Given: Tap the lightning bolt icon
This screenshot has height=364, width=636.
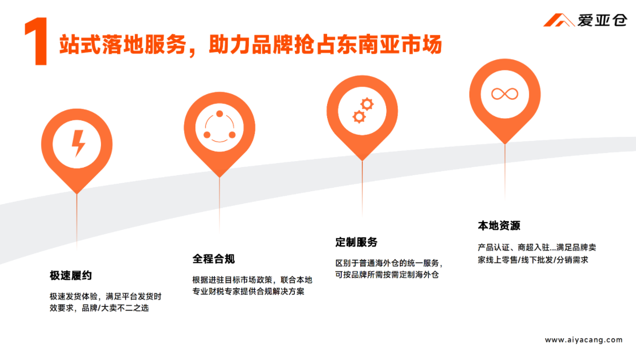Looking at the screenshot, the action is (77, 143).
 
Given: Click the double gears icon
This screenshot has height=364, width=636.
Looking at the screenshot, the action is (362, 111).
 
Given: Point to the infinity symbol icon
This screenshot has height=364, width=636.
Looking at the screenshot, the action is (505, 94).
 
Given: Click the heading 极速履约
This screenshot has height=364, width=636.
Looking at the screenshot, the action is (71, 276).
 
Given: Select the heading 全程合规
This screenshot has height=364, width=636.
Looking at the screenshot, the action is (214, 259).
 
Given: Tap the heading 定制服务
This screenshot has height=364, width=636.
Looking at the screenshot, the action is (356, 242).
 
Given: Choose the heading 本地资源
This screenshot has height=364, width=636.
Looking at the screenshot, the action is (499, 226).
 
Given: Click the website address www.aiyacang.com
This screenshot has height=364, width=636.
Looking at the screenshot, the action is (584, 340).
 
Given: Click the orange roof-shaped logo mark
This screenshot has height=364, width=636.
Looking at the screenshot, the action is (558, 20).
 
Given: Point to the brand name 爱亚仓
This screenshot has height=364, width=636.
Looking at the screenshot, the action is (602, 20).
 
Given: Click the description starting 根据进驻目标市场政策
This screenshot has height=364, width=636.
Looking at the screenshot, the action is (252, 285).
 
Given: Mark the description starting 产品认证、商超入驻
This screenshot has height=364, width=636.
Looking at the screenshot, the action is (537, 253).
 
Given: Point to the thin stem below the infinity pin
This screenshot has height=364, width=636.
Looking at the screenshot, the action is (505, 172).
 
